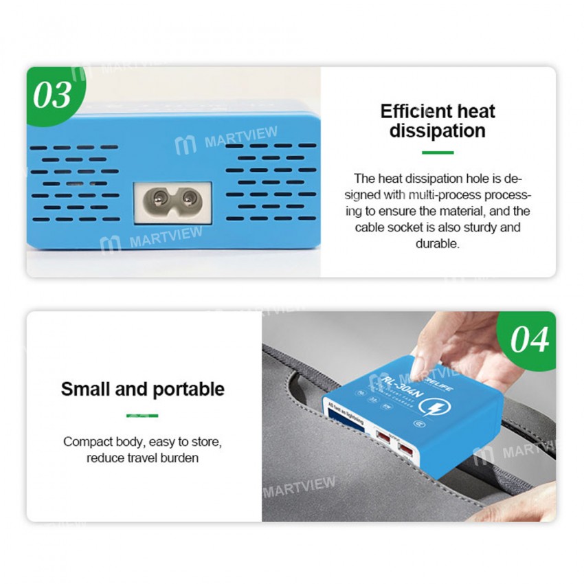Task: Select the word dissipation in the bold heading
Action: (437, 131)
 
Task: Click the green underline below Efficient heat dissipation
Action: (437, 152)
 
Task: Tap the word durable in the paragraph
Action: (437, 243)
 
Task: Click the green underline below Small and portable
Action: (142, 415)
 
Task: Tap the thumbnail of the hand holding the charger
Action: (408, 416)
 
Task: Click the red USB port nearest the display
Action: (381, 435)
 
